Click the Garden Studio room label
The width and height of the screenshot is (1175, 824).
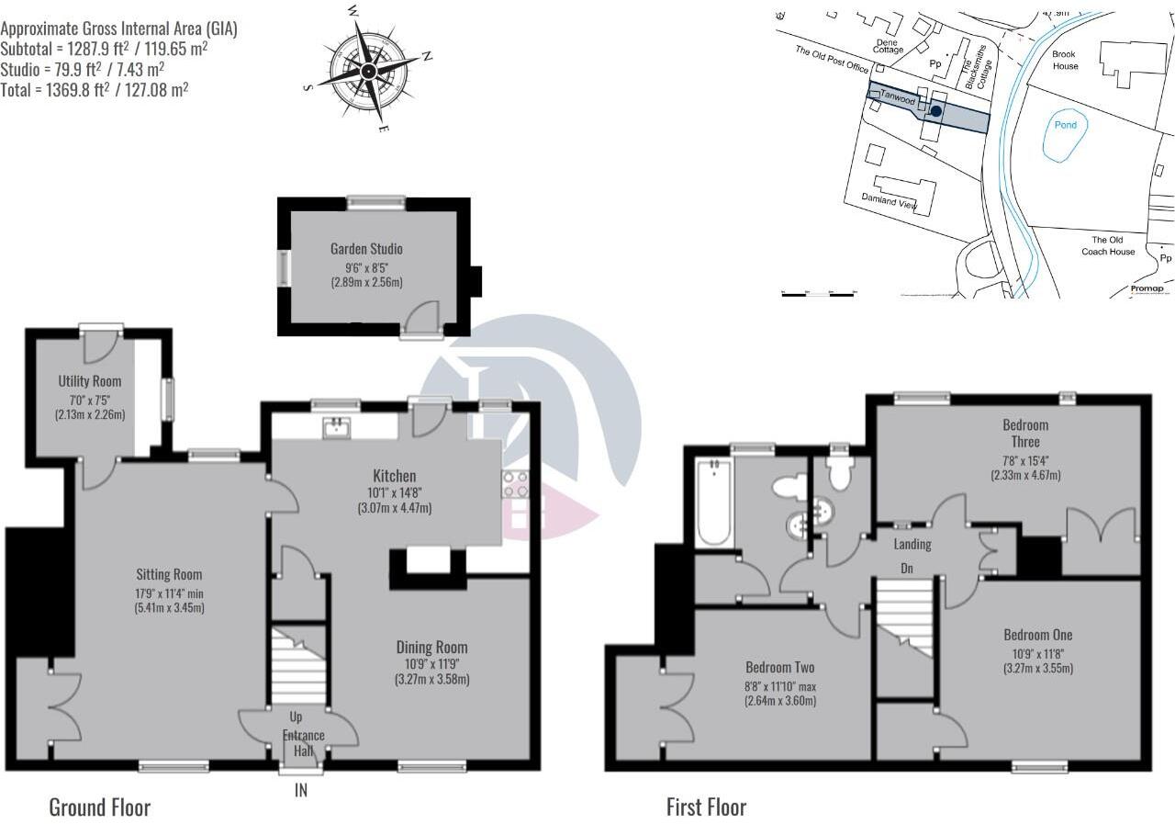tap(366, 249)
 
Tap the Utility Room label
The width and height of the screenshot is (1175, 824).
tap(90, 381)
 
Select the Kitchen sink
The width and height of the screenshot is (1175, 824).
tap(337, 427)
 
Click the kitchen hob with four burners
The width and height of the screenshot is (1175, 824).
tap(515, 483)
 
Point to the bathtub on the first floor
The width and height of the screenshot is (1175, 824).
tap(712, 502)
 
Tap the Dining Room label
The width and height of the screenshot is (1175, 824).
tap(431, 647)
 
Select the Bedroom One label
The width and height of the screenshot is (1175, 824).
tap(1037, 635)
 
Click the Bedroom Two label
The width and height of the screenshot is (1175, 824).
tap(779, 668)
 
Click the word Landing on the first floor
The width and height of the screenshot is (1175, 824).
tap(912, 544)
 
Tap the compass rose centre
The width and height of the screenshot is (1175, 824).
tap(368, 70)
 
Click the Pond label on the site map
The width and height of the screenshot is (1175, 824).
tap(1065, 125)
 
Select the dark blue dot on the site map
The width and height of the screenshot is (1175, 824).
tap(934, 111)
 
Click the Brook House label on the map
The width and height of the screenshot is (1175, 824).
tap(1065, 60)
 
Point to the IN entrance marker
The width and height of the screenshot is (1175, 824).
tap(301, 789)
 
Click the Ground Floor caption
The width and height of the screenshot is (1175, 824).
tap(99, 807)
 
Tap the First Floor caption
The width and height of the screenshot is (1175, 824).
tap(706, 807)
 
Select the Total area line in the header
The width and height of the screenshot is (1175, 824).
tap(95, 89)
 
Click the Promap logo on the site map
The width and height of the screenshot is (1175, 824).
tap(1147, 288)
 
